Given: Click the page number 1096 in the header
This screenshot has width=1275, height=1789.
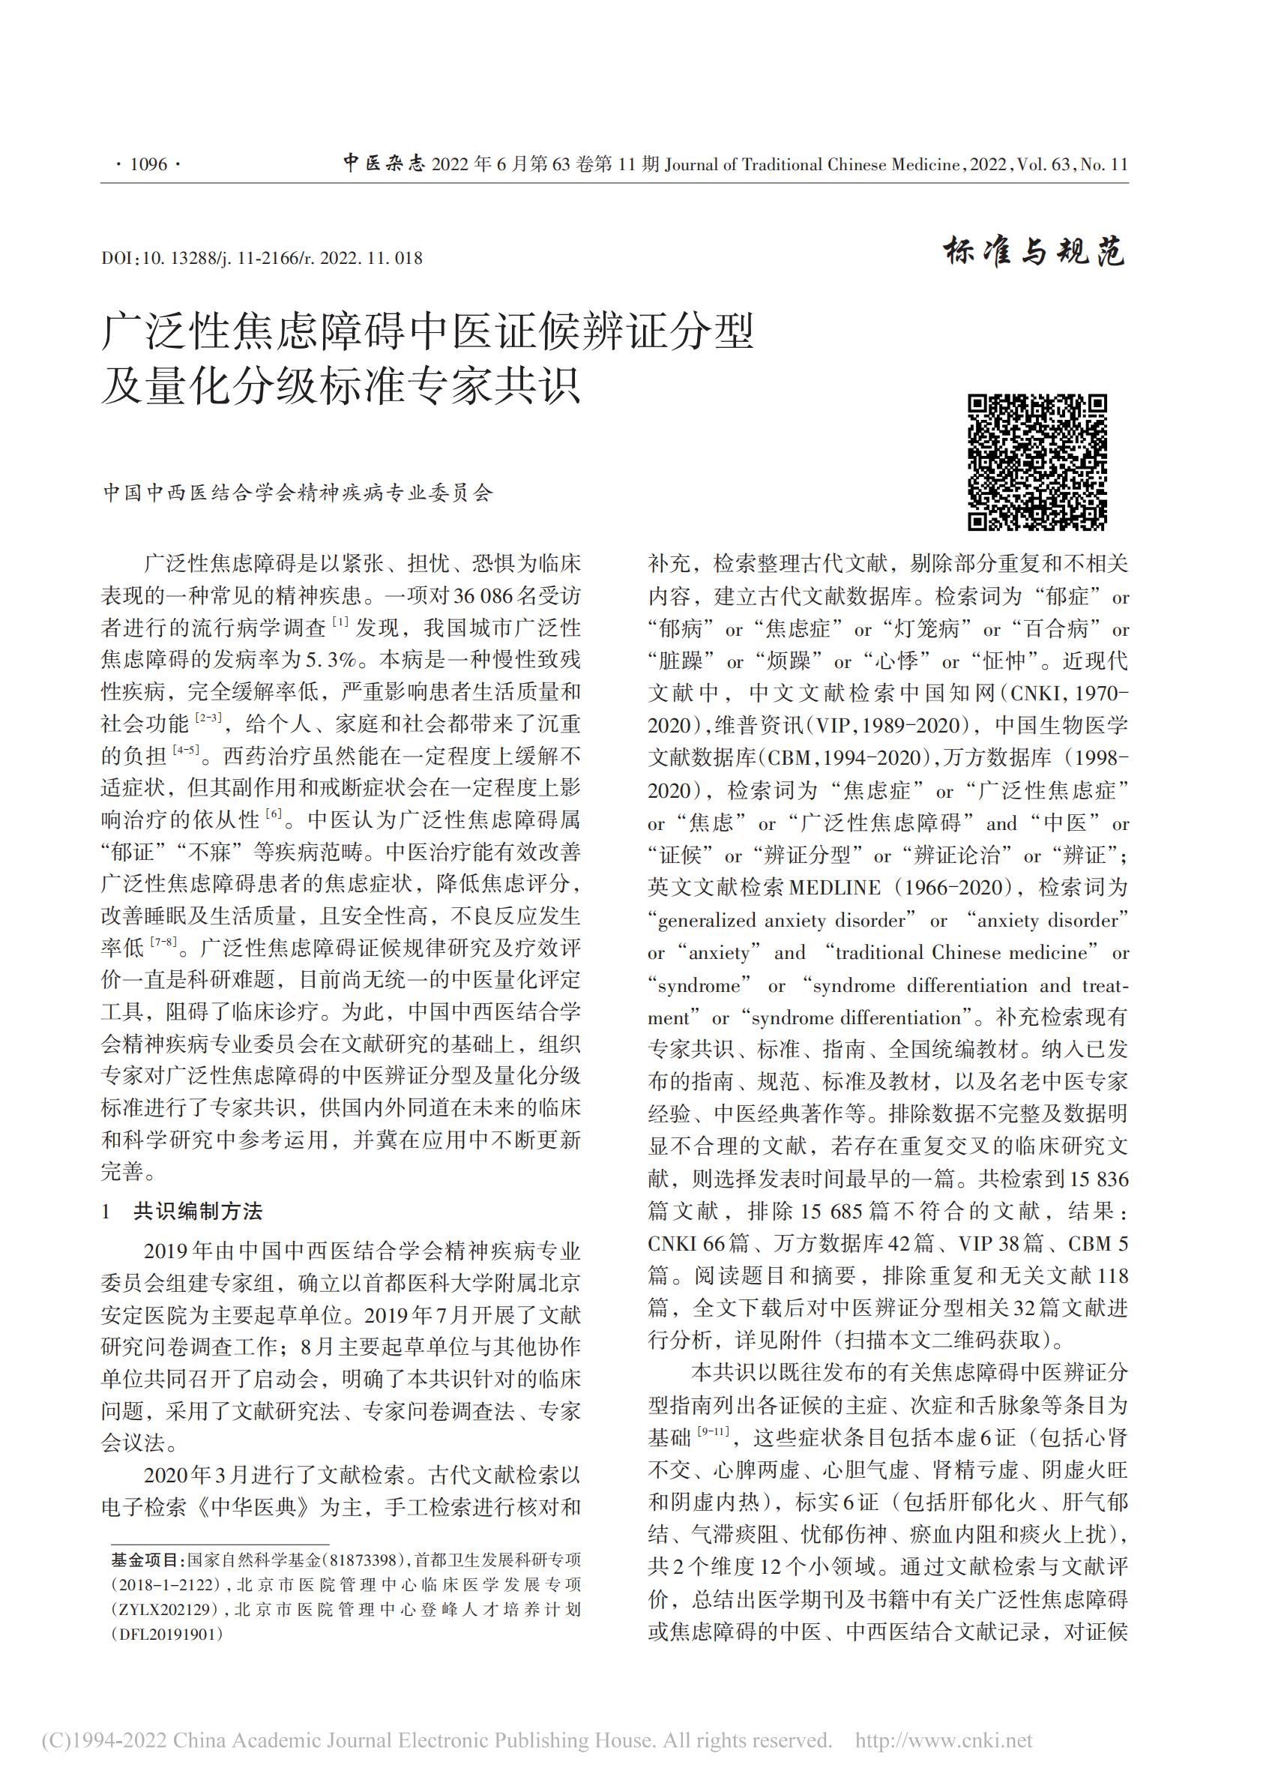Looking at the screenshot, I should click(148, 164).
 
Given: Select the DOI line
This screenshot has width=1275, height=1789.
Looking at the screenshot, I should click(262, 259).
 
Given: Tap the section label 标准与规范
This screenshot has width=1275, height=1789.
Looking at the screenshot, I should click(1034, 251).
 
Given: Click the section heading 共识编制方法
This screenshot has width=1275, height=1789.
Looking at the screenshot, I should click(198, 1211).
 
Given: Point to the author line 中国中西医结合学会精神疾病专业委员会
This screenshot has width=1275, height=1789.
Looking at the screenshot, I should click(298, 493).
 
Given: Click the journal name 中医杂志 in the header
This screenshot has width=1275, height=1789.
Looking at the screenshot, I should click(383, 163).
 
